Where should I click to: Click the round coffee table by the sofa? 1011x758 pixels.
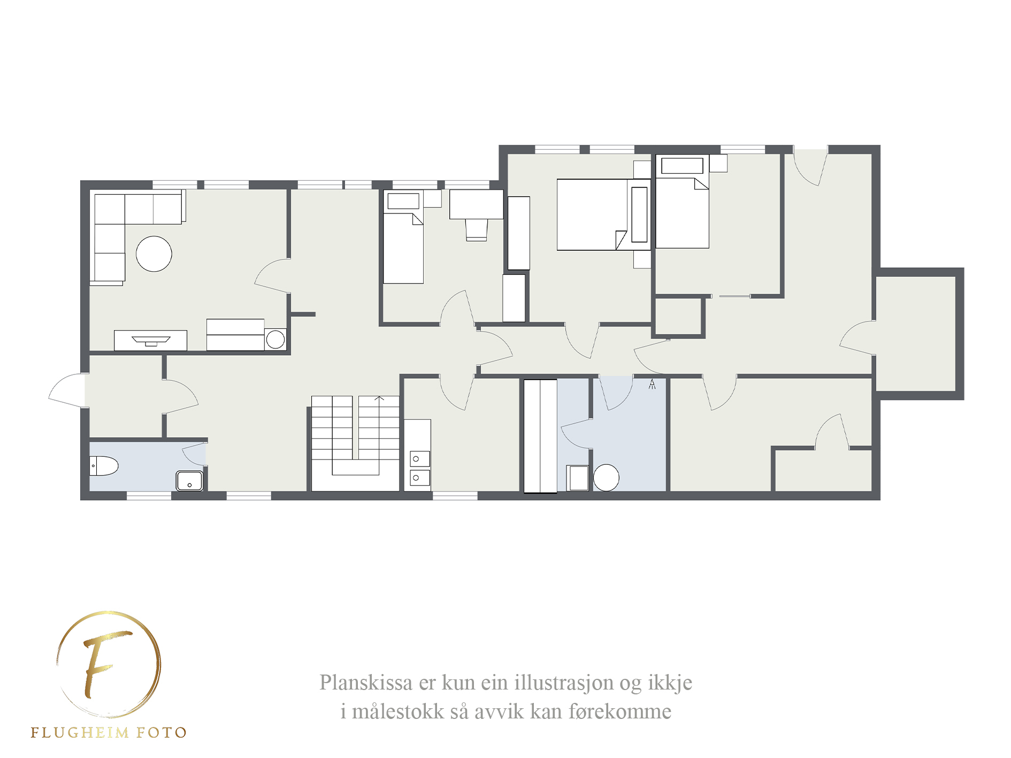[154, 254]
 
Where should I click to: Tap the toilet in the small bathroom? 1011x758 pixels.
[103, 466]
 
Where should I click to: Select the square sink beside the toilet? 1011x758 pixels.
[189, 480]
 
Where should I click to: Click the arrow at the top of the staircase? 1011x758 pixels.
[379, 398]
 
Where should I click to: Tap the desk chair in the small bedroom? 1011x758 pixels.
[476, 230]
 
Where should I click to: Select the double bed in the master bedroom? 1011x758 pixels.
[603, 215]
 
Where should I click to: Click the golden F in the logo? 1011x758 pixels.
[105, 663]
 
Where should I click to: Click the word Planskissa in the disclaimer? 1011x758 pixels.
[366, 683]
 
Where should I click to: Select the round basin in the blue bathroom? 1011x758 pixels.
[606, 478]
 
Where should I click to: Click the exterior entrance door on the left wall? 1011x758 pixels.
[67, 390]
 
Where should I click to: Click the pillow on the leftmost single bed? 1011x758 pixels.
[403, 202]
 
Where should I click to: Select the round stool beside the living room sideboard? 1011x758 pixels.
[275, 340]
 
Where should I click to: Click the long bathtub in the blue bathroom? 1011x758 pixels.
[540, 436]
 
